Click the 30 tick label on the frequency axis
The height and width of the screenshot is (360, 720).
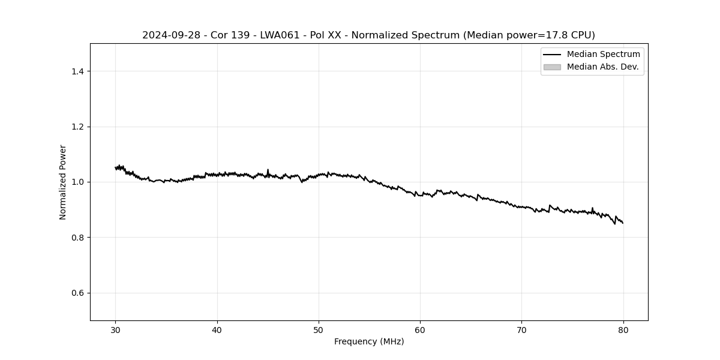click(116, 329)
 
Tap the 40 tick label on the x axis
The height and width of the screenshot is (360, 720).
click(217, 329)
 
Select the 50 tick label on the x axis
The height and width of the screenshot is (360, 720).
click(319, 329)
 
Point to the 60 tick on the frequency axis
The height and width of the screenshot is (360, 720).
click(420, 329)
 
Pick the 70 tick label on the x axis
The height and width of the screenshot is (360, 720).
click(521, 329)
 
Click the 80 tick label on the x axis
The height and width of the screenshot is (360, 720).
click(623, 329)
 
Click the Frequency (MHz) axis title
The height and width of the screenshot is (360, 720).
click(369, 341)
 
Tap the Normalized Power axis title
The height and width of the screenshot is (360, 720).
click(63, 182)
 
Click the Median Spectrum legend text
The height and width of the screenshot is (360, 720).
click(603, 55)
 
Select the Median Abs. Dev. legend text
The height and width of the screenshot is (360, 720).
click(602, 67)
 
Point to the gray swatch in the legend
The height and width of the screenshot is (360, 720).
click(552, 67)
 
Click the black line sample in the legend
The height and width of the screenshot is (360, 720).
click(552, 55)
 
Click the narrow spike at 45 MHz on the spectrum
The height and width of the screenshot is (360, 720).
click(268, 170)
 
